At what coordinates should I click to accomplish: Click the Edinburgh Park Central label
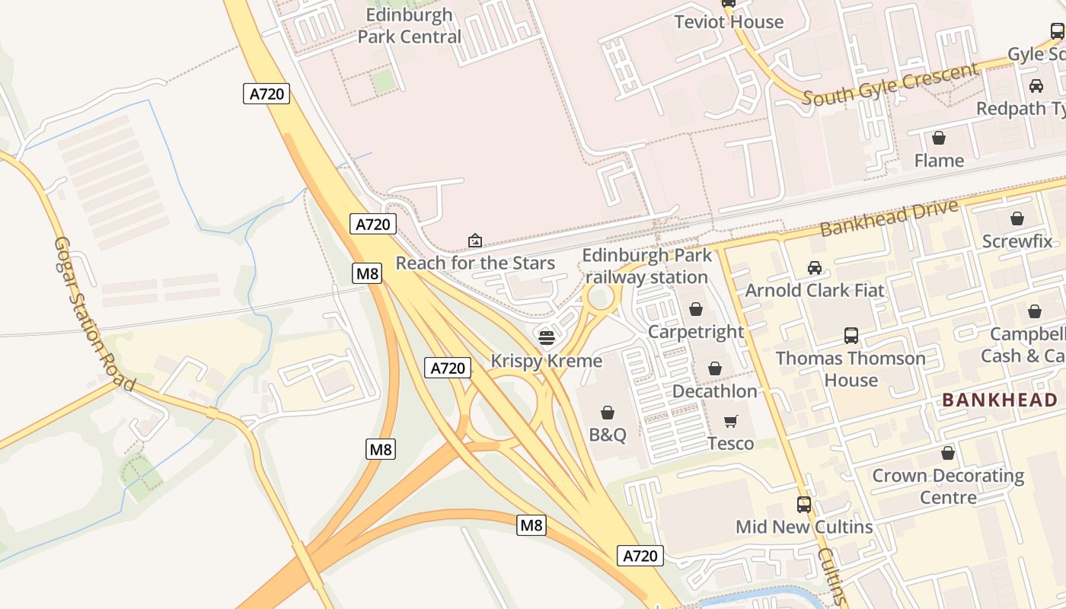click(409, 26)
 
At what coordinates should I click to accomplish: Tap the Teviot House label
click(729, 22)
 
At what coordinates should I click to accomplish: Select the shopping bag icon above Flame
click(939, 138)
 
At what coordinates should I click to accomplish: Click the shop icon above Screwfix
click(1017, 219)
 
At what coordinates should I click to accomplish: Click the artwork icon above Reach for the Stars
click(475, 241)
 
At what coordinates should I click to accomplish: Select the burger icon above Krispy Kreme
click(546, 337)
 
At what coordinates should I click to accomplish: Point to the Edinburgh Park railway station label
click(647, 266)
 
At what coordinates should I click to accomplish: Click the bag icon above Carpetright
click(695, 309)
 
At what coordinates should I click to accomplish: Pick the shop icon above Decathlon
click(714, 369)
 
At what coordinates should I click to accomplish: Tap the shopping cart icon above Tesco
click(731, 421)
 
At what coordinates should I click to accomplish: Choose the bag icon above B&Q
click(608, 413)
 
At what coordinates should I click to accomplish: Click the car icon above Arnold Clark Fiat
click(815, 268)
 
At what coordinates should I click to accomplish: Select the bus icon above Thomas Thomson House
click(851, 336)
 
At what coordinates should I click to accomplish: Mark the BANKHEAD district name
click(999, 400)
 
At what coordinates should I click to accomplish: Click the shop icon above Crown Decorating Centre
click(947, 454)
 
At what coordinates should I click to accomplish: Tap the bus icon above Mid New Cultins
click(803, 504)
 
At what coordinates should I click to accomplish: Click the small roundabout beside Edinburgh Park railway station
click(600, 298)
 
